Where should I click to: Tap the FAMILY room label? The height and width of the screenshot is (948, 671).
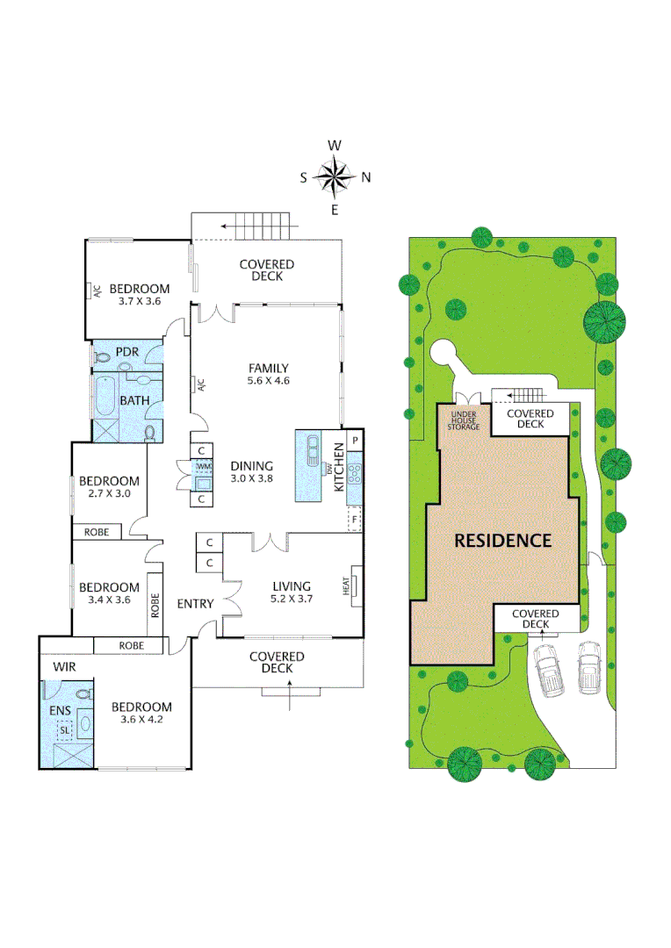point(268,368)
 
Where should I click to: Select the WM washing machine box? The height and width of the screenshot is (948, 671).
point(203,465)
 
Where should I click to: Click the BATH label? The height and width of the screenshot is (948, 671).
point(134,401)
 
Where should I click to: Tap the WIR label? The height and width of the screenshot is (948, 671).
point(65,667)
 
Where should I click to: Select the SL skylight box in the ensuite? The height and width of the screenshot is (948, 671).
point(65,729)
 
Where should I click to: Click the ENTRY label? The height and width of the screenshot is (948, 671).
point(195,603)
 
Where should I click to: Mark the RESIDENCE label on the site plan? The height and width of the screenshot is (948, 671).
point(502,541)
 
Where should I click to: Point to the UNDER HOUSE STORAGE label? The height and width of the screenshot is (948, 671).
point(463,420)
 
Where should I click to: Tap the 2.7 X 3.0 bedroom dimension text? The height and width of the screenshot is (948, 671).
point(109,493)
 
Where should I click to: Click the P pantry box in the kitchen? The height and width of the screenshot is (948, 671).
point(355,440)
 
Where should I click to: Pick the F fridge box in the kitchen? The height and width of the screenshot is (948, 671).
point(355,519)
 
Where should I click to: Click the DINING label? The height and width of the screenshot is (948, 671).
point(252,466)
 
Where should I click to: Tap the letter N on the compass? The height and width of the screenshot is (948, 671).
point(366,177)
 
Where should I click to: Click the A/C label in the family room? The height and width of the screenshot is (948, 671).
point(200,384)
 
